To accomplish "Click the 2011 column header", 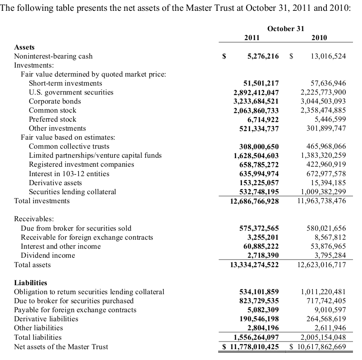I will pos(252,38).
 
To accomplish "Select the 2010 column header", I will pos(319,38).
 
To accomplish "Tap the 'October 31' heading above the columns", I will pos(286,28).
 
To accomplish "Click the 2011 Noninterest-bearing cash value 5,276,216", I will pos(263,56).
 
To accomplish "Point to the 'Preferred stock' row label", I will pos(53,119).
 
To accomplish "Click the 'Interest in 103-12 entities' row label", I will pos(69,173).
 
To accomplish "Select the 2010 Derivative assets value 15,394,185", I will pos(329,182).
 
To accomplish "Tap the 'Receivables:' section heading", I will pos(34,219).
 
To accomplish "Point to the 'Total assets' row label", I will pos(32,265).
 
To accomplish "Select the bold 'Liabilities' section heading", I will pos(31,283).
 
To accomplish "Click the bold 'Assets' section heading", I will pos(24,47).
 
